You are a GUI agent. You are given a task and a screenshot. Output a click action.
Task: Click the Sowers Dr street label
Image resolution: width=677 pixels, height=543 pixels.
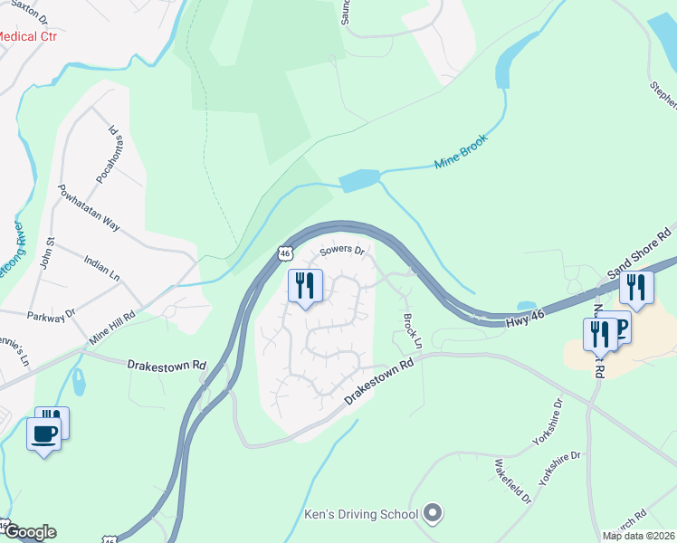point(341,251)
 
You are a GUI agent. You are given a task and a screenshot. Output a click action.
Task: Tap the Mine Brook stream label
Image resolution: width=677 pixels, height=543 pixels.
point(461,152)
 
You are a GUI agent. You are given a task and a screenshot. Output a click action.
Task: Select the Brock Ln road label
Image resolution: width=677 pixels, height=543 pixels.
point(412,331)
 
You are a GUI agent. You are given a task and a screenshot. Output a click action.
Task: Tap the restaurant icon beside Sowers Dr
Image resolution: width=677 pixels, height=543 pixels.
point(305,287)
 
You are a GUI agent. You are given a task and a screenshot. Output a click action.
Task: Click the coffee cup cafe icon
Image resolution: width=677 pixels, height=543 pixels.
point(44,433)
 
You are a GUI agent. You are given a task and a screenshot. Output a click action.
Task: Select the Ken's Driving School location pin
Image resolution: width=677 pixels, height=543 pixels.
point(433,514)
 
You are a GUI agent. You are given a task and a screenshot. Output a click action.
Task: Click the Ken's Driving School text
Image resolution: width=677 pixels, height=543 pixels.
point(360,514)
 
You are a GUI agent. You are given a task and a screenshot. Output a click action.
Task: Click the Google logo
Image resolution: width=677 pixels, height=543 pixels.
point(29,532)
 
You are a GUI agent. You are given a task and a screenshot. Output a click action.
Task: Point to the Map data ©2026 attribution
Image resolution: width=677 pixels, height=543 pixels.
point(638,536)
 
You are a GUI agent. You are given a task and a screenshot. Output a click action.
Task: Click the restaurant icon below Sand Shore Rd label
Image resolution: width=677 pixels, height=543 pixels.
point(636,289)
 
